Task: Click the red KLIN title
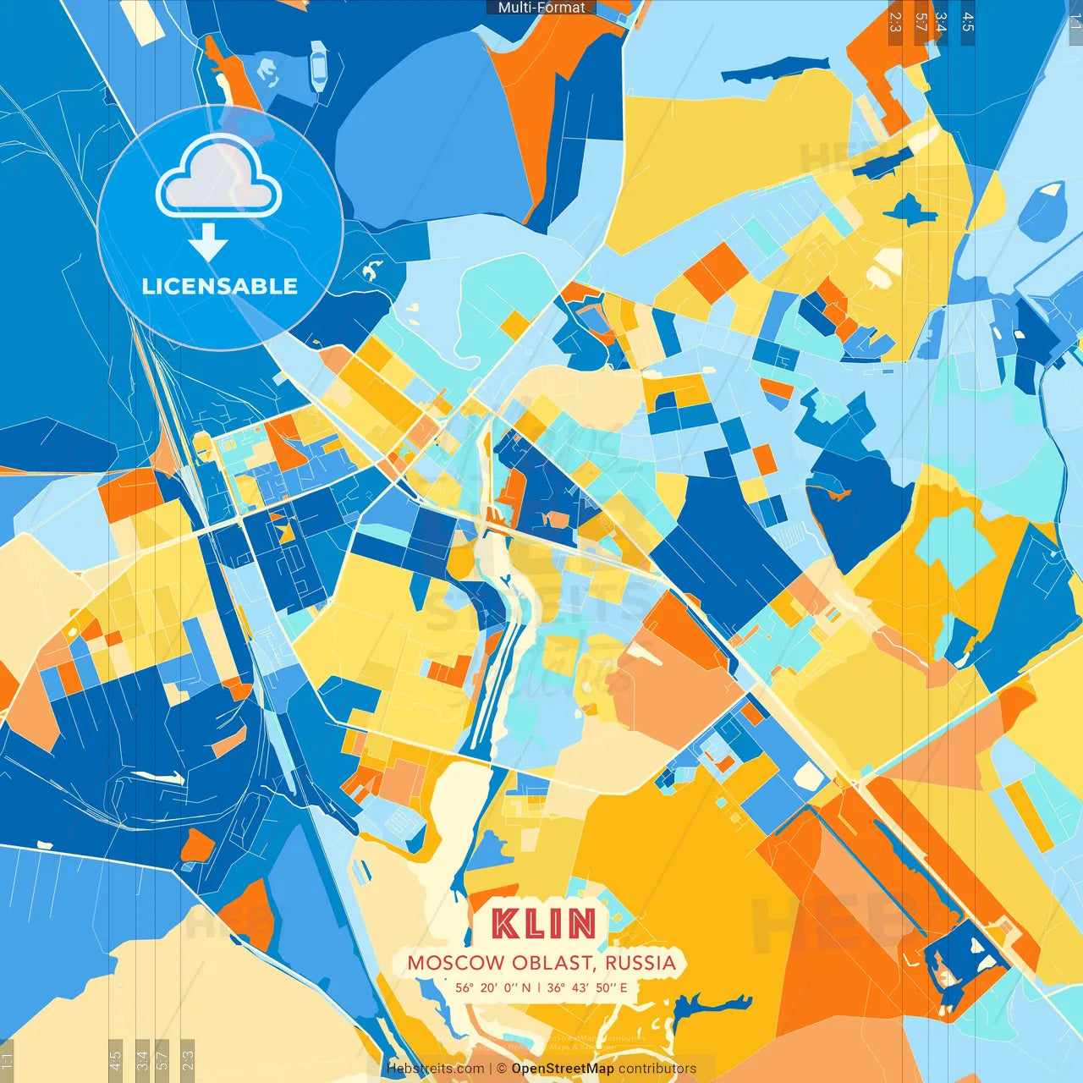point(544,923)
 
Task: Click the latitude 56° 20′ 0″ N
point(493,987)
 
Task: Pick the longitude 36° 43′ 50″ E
point(587,987)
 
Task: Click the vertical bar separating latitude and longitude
point(539,987)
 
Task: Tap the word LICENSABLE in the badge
point(220,286)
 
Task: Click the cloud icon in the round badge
point(218,176)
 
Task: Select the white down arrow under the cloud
point(208,244)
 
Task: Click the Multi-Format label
point(541,8)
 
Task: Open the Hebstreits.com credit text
point(435,1069)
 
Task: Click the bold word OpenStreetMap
point(563,1069)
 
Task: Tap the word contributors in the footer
point(657,1069)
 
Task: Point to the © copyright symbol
point(502,1069)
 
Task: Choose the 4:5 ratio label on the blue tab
point(968,22)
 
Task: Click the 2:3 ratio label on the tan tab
point(895,22)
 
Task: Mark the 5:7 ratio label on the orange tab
point(921,22)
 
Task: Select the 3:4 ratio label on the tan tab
point(941,22)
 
